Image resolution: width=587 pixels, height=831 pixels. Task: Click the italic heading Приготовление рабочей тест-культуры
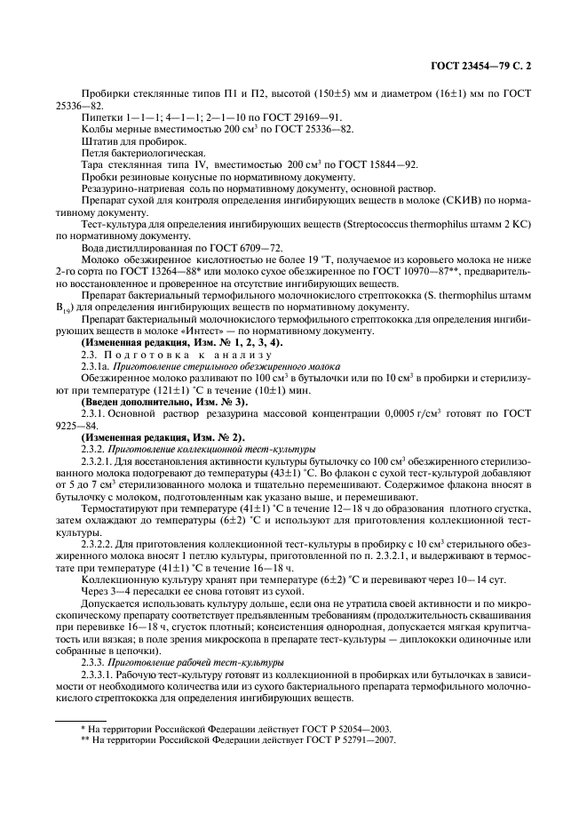click(194, 662)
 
